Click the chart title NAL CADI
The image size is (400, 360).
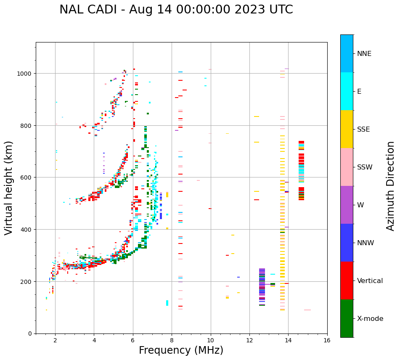pos(176,10)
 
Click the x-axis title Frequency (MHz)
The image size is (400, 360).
pos(181,350)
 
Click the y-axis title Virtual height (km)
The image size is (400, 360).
pos(9,188)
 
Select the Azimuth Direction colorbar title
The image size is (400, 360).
pos(391,186)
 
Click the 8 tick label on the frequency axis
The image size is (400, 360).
pos(172,341)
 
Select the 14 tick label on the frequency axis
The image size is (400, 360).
pos(288,341)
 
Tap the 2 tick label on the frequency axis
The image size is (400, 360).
pos(55,341)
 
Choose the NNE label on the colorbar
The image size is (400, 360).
pos(364,54)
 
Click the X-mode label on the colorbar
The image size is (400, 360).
pos(370,319)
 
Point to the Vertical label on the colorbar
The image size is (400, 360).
pos(370,281)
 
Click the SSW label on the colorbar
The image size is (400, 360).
pos(365,167)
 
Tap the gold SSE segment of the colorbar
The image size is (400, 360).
pos(347,129)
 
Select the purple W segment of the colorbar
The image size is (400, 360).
pos(347,205)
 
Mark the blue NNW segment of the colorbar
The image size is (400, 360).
pos(347,243)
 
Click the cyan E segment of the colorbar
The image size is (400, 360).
pos(347,91)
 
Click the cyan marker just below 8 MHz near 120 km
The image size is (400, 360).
pos(167,303)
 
